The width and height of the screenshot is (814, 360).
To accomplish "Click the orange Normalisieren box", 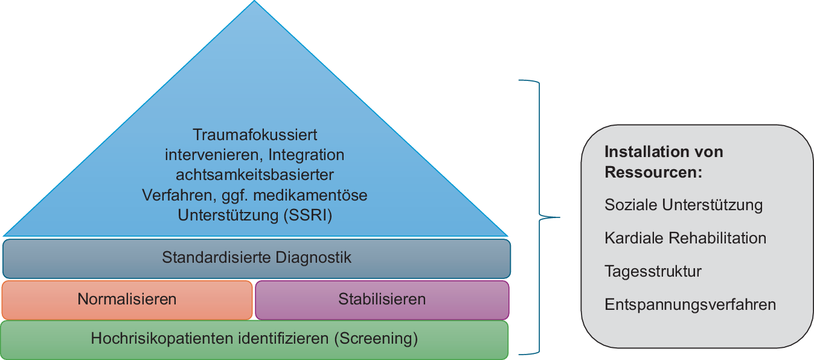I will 127,300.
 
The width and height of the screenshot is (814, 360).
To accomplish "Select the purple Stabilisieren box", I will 382,300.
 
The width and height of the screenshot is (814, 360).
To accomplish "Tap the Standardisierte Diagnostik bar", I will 257,259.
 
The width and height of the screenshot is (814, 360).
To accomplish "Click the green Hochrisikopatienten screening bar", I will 254,339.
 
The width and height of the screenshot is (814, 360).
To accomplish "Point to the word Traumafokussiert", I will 255,134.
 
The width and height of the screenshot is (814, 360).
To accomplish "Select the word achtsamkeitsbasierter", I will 255,175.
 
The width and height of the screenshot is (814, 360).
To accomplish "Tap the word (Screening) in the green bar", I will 376,339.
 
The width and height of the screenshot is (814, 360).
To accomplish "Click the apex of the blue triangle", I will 255,2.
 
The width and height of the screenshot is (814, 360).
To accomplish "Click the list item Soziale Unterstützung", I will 684,205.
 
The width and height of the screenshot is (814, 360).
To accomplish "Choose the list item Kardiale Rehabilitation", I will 685,239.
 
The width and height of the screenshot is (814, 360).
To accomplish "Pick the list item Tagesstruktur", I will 653,272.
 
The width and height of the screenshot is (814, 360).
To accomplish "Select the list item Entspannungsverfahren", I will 690,305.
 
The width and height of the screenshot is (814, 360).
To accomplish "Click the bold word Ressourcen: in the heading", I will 653,172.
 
